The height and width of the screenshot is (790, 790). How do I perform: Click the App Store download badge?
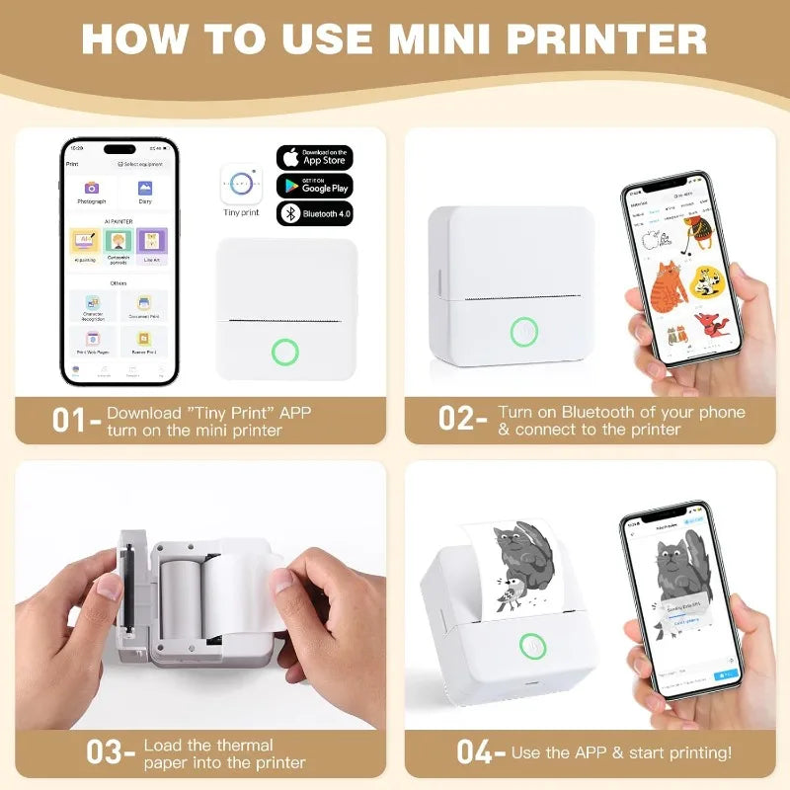314,158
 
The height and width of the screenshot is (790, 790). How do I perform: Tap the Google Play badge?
314,185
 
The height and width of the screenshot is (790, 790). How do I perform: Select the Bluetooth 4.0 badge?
314,212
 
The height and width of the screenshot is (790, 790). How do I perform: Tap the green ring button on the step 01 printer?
285,351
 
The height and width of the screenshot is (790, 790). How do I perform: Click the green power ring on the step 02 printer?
524,332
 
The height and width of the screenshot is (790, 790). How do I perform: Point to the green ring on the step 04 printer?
533,647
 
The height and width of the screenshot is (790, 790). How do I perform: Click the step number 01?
71,419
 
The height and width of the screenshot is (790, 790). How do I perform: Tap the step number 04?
476,751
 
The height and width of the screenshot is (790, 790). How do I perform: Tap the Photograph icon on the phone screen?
92,189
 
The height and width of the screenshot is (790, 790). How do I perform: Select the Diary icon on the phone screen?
145,189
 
